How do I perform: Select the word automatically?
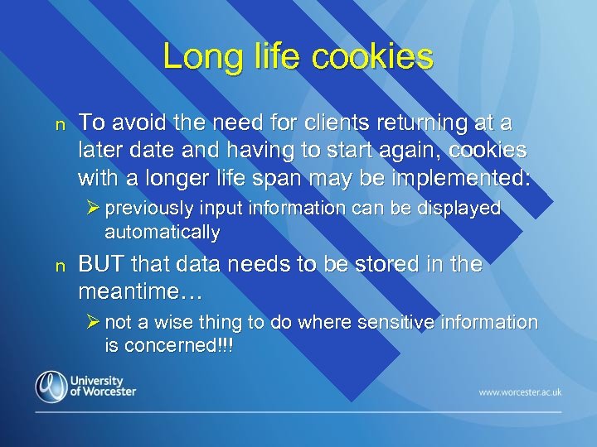click(162, 233)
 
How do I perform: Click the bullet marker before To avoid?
click(58, 125)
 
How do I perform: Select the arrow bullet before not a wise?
click(94, 322)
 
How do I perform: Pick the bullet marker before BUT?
click(58, 267)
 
